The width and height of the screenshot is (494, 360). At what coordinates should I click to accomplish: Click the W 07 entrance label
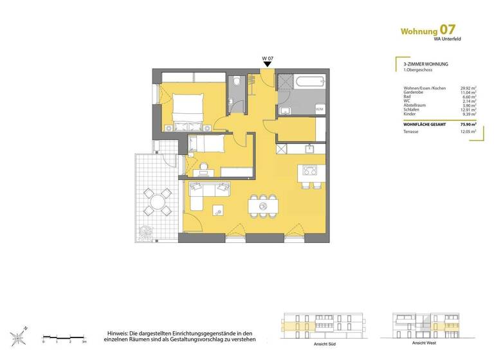(x=268, y=59)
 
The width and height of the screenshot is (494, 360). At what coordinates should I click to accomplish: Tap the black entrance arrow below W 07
(x=268, y=65)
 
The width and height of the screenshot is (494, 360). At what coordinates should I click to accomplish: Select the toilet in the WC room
(x=236, y=82)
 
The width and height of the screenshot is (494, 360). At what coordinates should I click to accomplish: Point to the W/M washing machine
(x=319, y=109)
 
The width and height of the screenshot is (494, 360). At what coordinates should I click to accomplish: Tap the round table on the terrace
(x=157, y=202)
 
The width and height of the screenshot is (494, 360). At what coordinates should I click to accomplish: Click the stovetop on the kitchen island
(x=309, y=172)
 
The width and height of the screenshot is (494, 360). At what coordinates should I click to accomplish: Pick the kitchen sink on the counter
(x=309, y=148)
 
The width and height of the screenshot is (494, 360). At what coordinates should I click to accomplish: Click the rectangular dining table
(x=263, y=206)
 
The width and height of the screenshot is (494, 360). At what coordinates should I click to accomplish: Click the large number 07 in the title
(x=448, y=30)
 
